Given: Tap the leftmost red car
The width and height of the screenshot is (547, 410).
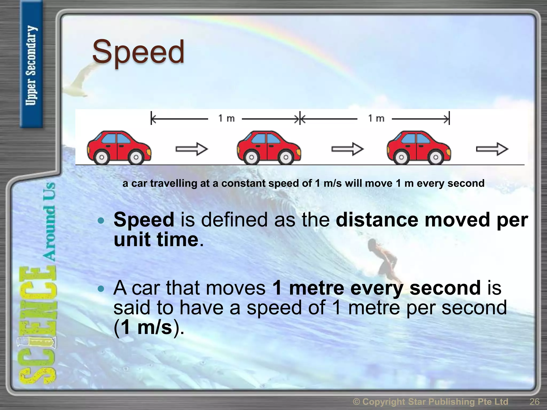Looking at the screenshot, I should point(119,147).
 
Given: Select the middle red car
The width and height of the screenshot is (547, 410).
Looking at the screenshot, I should point(269,147).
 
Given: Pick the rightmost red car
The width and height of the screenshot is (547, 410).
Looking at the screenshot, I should point(419,147).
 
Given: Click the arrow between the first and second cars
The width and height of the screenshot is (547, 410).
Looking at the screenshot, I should point(192,149).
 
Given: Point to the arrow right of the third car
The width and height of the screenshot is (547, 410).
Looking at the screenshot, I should point(492,149).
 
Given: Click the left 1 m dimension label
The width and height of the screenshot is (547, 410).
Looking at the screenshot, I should point(226,118).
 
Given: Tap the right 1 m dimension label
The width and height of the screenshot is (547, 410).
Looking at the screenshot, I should point(376,118).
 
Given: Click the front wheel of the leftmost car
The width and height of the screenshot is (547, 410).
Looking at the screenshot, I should point(136,157).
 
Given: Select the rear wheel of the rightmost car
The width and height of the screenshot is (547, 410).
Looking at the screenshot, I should point(401,157).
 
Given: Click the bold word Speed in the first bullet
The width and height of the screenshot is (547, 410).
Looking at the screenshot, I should point(144,220).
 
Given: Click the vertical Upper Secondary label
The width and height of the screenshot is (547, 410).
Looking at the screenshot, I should point(31,65).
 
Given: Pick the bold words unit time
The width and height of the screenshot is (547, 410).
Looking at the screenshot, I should point(156,239).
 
